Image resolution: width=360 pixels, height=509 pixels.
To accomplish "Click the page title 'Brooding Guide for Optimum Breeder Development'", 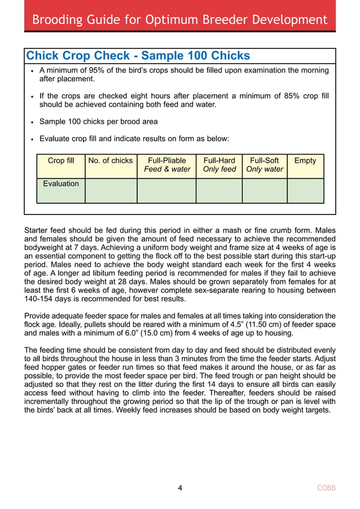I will click(179, 20).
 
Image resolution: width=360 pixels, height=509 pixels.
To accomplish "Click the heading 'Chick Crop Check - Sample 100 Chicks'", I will click(138, 56).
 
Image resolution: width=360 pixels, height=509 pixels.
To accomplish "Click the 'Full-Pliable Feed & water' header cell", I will click(166, 165).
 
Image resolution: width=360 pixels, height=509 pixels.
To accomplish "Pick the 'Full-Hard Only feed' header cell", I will click(219, 165).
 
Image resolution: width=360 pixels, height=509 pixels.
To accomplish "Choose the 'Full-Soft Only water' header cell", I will click(264, 165).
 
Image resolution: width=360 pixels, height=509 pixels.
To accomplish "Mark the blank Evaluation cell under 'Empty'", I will click(305, 191).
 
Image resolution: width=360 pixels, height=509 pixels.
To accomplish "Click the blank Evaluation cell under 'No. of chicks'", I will click(111, 191).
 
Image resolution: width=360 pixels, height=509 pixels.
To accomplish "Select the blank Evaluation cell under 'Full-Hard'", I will click(219, 191).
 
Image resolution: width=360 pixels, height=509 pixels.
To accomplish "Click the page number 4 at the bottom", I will click(180, 488).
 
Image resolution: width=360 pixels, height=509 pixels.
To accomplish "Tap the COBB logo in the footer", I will click(326, 488).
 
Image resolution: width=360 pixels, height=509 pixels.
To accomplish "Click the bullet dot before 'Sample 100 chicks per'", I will click(33, 122).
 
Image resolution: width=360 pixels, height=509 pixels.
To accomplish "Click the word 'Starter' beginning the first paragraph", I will click(37, 231).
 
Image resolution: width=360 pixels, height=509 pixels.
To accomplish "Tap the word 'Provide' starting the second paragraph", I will click(39, 316).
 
